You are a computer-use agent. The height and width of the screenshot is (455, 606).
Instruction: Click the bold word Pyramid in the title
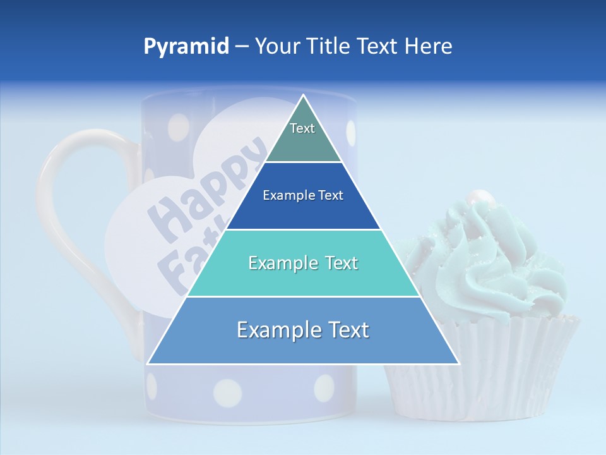[186, 47]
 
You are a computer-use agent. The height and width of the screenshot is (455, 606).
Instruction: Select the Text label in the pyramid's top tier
[302, 129]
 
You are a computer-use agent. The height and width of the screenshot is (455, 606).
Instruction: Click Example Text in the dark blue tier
[303, 196]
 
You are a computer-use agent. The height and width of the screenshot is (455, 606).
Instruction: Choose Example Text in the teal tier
[303, 263]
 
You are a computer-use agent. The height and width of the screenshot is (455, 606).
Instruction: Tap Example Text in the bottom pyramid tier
[303, 330]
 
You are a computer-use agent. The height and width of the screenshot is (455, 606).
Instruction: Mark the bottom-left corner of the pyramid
[148, 363]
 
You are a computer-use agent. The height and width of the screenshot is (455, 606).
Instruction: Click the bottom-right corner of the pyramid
[458, 363]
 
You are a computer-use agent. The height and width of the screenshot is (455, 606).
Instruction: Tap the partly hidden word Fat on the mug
[177, 265]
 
